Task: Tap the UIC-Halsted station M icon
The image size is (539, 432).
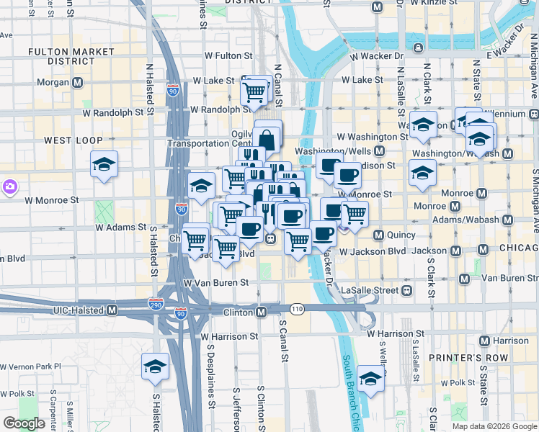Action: coord(112,310)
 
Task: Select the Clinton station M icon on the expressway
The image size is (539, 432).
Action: coord(261,312)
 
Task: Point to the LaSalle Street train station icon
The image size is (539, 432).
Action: coord(406,289)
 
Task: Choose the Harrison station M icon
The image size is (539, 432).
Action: coord(484,341)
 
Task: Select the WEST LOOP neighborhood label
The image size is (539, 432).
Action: coord(73,140)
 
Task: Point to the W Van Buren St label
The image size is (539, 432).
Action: coord(220,284)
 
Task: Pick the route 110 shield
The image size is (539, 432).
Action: coord(296,308)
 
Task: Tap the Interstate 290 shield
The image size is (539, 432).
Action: coord(156,305)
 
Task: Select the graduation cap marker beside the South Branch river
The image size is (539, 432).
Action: coord(370,377)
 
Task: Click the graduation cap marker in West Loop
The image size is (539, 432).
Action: coord(104,164)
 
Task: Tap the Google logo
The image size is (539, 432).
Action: coord(24,423)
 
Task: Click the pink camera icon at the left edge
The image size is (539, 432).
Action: coord(9,186)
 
